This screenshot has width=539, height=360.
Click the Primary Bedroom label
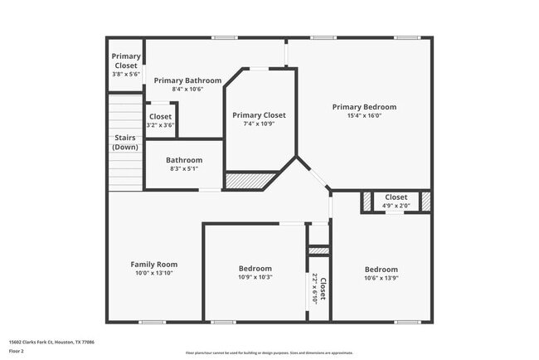(x=364, y=107)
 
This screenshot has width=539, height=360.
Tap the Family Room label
(x=154, y=265)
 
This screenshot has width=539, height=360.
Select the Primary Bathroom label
(x=187, y=80)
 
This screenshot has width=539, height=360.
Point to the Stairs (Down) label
(x=125, y=142)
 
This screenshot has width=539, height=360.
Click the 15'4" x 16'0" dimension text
(x=364, y=116)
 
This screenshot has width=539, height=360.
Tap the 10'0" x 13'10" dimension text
(x=154, y=274)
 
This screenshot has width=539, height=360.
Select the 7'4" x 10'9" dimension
(x=259, y=124)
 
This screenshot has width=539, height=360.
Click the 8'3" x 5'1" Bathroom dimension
(x=184, y=168)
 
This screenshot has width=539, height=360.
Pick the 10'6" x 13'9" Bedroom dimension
(x=381, y=278)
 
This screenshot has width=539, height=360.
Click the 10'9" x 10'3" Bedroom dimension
(x=255, y=277)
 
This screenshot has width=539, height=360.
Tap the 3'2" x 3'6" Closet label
(x=160, y=117)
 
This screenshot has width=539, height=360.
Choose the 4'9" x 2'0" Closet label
(x=396, y=197)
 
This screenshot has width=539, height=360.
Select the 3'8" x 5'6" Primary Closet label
(x=126, y=61)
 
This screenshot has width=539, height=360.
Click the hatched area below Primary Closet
(x=251, y=178)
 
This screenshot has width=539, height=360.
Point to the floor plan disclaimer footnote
(x=269, y=353)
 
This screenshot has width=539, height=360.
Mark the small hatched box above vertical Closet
(x=318, y=251)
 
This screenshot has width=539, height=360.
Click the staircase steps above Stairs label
(x=125, y=113)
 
